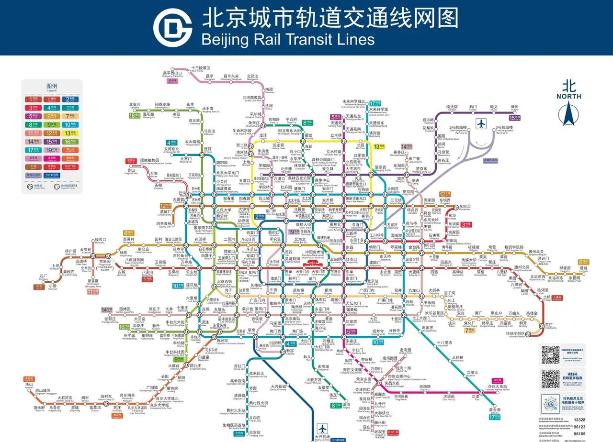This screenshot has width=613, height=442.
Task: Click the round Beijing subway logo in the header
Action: click(172, 27)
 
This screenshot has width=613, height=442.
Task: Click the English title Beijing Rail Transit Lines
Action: click(288, 38)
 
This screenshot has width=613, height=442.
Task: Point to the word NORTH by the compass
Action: click(569, 96)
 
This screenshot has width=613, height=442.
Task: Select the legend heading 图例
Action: click(51, 86)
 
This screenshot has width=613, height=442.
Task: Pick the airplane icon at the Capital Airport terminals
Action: click(481, 123)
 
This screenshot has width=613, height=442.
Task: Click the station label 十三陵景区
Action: click(200, 68)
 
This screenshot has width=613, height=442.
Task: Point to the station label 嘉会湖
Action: click(495, 410)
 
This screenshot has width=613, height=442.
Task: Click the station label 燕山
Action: click(29, 384)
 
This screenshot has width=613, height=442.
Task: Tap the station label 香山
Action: click(130, 170)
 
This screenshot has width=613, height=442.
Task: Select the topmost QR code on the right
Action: click(550, 354)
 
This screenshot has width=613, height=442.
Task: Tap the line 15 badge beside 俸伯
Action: click(514, 118)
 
